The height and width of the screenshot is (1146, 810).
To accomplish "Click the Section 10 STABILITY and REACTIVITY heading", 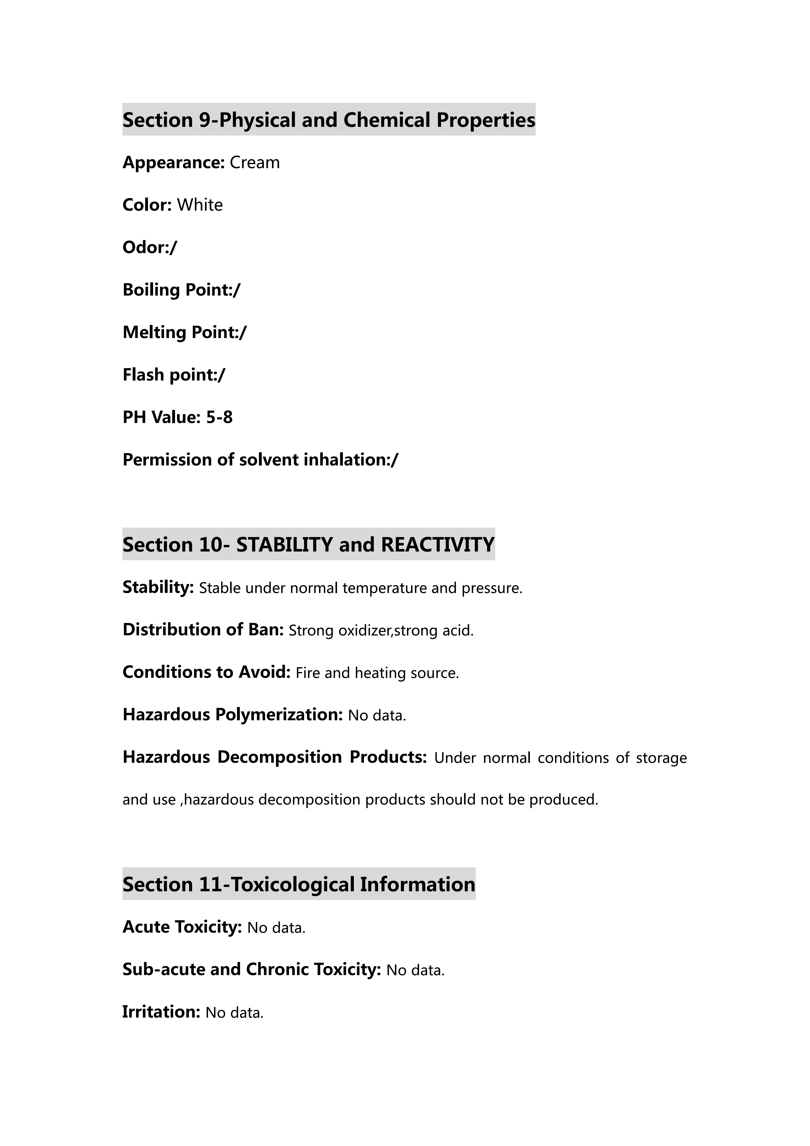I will [308, 545].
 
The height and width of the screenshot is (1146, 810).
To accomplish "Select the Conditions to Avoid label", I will [206, 672].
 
